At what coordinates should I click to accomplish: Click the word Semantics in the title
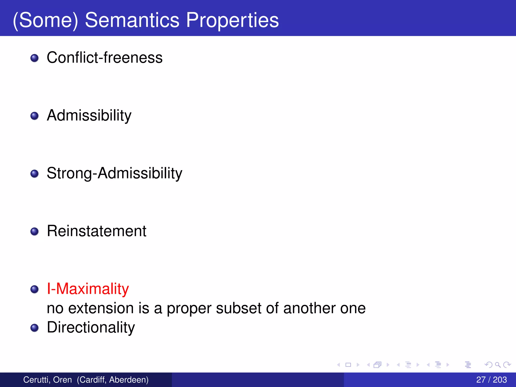[132, 20]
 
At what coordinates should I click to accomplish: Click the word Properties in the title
[232, 20]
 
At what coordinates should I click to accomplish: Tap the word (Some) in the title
[46, 20]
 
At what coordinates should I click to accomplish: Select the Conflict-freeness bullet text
[105, 57]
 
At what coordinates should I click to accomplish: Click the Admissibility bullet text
[89, 115]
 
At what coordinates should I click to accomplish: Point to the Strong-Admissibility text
[114, 173]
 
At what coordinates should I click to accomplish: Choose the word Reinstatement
[96, 231]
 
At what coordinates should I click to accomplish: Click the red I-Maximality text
[88, 288]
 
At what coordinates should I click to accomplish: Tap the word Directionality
[91, 327]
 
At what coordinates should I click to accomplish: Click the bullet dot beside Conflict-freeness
[35, 58]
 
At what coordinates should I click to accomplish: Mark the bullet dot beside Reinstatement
[35, 232]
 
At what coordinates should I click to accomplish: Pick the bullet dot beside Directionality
[35, 328]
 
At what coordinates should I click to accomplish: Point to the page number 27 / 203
[491, 380]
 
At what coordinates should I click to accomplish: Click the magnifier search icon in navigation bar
[498, 365]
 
